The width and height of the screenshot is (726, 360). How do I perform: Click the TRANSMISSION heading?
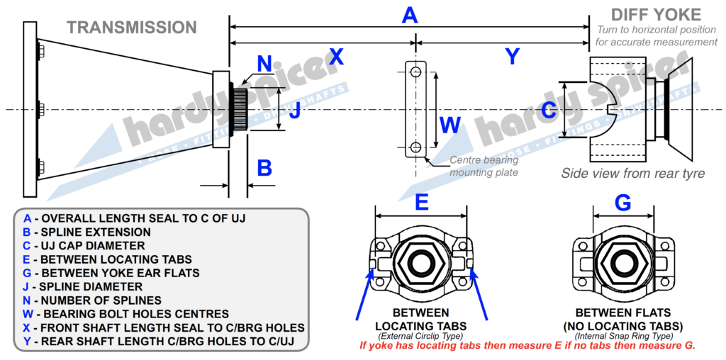pyautogui.click(x=131, y=28)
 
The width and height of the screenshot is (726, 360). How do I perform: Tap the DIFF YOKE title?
pyautogui.click(x=656, y=14)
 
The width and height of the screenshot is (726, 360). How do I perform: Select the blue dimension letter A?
pyautogui.click(x=410, y=14)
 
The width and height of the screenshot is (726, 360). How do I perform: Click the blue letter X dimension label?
pyautogui.click(x=335, y=57)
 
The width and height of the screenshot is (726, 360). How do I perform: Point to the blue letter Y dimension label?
pyautogui.click(x=512, y=57)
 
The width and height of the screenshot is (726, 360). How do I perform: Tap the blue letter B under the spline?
pyautogui.click(x=264, y=168)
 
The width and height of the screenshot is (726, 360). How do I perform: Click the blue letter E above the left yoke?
pyautogui.click(x=421, y=203)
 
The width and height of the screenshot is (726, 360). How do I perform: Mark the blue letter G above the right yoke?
pyautogui.click(x=622, y=203)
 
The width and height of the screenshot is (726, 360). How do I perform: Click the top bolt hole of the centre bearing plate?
pyautogui.click(x=415, y=72)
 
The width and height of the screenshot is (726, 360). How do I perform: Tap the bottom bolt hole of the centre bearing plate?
pyautogui.click(x=415, y=147)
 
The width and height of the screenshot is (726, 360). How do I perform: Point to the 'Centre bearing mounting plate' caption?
pyautogui.click(x=484, y=166)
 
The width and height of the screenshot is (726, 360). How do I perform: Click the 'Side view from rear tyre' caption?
pyautogui.click(x=632, y=174)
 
